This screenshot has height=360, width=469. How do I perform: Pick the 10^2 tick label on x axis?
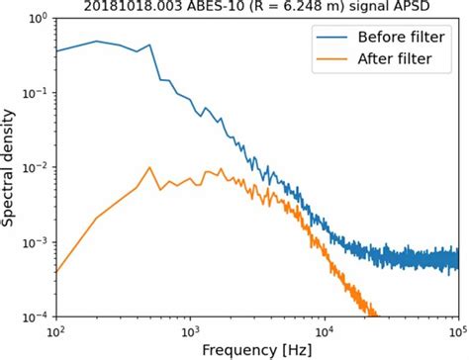[56, 333]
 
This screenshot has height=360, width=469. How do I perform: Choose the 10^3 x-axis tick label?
[190, 333]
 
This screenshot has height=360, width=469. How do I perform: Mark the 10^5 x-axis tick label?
[456, 333]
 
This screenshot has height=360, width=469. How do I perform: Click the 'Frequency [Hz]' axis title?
[256, 350]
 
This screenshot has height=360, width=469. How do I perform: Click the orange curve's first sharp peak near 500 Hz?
[148, 167]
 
